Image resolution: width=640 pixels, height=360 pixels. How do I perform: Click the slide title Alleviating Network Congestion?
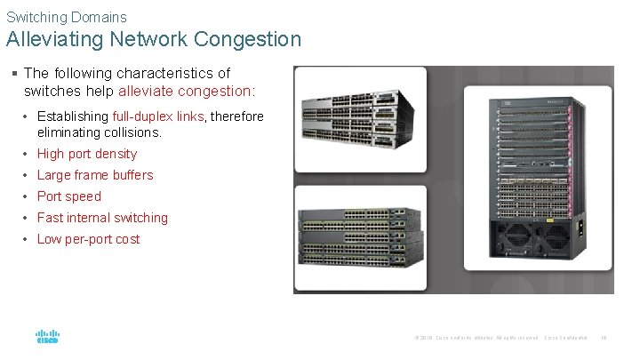[x=154, y=39]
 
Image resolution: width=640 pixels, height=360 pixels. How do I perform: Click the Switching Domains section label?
[x=67, y=17]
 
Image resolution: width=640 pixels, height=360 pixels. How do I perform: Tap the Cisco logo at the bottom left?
[x=47, y=338]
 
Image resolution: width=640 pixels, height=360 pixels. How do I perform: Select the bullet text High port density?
[x=87, y=154]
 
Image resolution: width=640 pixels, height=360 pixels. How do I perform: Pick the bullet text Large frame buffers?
[x=95, y=175]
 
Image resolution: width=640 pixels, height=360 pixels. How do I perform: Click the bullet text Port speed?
[x=69, y=196]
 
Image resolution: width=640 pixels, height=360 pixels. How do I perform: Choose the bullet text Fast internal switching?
[x=102, y=218]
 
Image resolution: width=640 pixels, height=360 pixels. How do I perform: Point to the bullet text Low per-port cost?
[x=88, y=239]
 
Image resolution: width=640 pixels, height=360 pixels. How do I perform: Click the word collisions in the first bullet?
[x=130, y=132]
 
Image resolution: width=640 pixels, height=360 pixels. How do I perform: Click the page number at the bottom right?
[x=604, y=338]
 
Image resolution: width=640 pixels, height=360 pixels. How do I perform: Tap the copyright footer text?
[x=475, y=338]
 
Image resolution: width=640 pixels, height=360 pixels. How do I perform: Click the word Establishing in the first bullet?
[x=74, y=116]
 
